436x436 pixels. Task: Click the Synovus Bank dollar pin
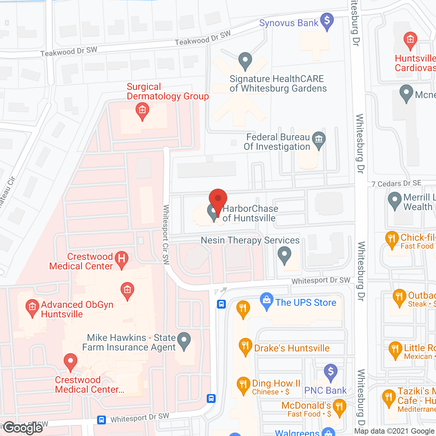coord(327,21)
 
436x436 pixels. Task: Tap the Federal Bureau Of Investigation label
coord(277,142)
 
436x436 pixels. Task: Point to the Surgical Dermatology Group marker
coord(142,111)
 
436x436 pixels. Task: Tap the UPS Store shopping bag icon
coord(266,300)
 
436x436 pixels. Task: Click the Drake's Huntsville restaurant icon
coord(245,346)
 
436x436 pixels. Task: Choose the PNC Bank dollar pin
coord(330,372)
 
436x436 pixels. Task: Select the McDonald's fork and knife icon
coord(339,407)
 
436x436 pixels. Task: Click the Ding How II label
coord(276,384)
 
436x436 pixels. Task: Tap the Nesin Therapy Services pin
coord(284,254)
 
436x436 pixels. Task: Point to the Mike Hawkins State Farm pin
coord(184,340)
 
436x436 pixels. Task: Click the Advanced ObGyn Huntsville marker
coord(32,307)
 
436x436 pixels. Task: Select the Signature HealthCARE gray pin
coord(245,61)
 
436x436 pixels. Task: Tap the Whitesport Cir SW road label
coord(166,234)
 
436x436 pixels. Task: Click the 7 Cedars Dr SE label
coord(396,184)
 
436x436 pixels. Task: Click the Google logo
coord(24,427)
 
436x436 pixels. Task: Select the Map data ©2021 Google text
coord(394,431)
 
